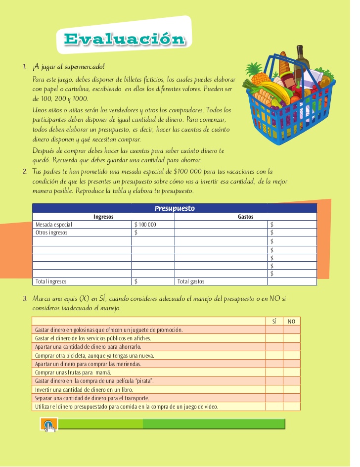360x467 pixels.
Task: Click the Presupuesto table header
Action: pos(175,208)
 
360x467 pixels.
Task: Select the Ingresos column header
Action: pos(103,217)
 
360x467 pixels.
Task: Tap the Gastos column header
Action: pos(245,217)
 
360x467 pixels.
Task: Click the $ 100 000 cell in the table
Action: pos(145,225)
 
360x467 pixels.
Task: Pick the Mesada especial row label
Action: pos(54,225)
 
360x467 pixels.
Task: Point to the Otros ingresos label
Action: pos(51,233)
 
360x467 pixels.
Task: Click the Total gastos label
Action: pos(191,281)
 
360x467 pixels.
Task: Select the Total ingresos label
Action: pos(51,281)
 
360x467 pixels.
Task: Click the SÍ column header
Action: pos(274,322)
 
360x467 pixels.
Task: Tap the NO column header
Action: pos(292,322)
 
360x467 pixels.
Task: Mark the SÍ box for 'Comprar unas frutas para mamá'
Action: pos(274,372)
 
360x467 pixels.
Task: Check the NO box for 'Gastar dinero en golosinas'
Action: pos(292,330)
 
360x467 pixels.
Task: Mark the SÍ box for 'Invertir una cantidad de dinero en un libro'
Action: pos(274,389)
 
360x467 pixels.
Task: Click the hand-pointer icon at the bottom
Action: pos(48,425)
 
